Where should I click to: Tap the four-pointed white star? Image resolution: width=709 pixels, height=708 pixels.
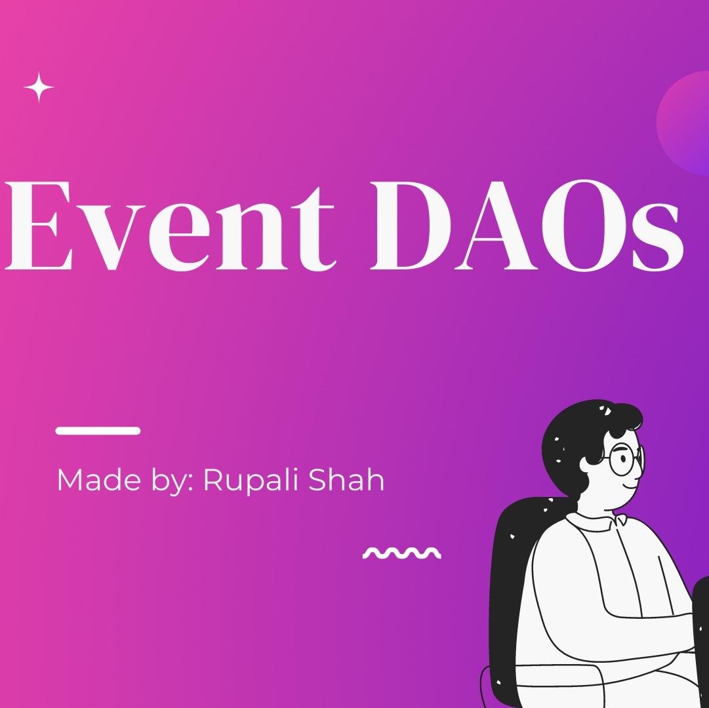tap(39, 87)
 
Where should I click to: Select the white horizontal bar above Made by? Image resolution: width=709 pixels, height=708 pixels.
tap(98, 431)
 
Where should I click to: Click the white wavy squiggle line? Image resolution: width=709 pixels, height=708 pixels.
tap(401, 553)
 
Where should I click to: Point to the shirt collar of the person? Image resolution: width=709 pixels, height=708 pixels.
tap(594, 521)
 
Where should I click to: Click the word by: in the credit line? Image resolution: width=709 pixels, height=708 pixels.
tap(172, 481)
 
